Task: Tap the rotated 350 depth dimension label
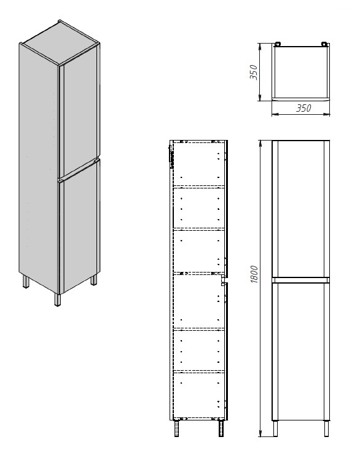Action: (252, 72)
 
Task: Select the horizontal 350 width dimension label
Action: (303, 108)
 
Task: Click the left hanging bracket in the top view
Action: (278, 44)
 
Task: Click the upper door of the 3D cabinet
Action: (80, 114)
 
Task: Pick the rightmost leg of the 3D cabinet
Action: (94, 279)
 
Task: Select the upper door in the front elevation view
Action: (300, 209)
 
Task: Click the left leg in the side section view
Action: (178, 428)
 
